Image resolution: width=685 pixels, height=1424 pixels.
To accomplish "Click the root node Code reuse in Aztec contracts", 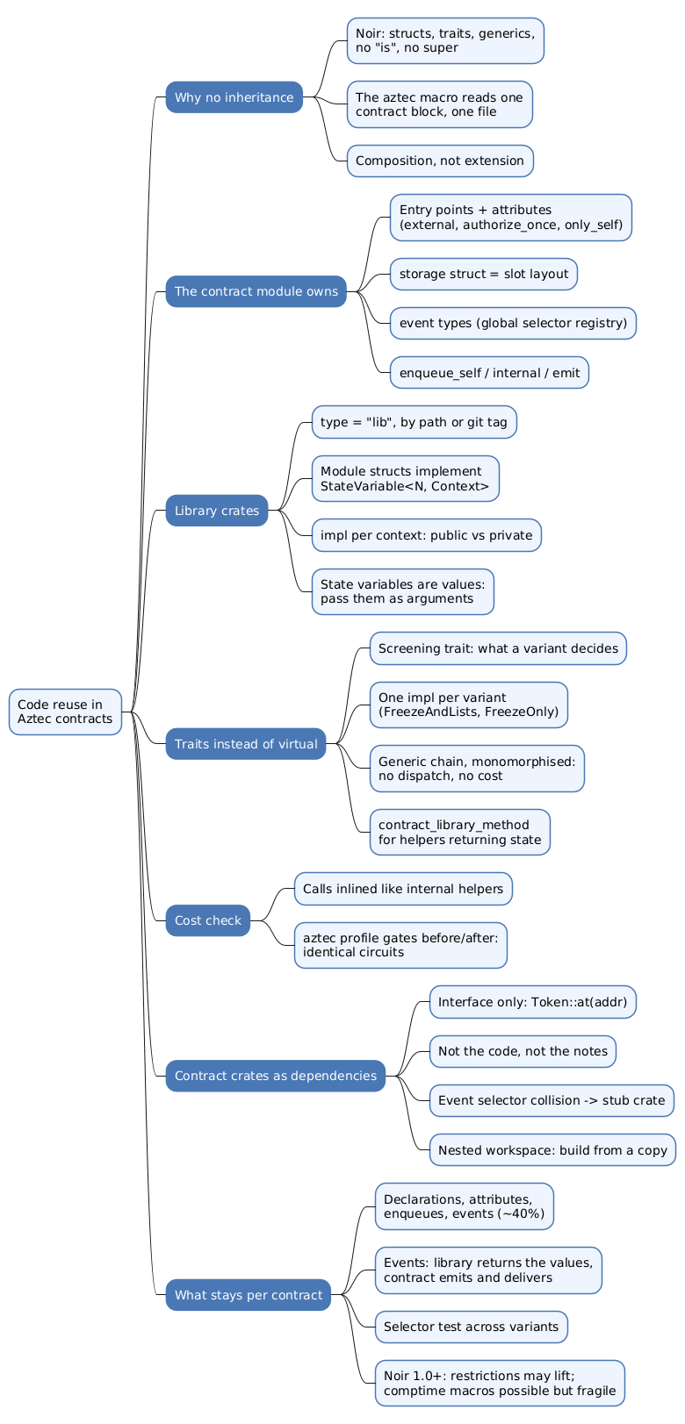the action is click(65, 712).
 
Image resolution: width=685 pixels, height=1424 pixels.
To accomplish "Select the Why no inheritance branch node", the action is click(234, 97).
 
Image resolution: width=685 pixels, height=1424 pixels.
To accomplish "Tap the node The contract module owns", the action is click(256, 291).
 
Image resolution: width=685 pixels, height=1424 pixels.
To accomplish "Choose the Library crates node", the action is click(217, 511).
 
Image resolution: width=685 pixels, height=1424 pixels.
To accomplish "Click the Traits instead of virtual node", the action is click(246, 744).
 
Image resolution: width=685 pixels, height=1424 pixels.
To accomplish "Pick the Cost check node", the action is click(208, 920).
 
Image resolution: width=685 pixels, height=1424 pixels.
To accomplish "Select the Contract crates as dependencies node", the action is click(276, 1076).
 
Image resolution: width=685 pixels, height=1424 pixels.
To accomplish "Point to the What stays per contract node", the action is click(249, 1295).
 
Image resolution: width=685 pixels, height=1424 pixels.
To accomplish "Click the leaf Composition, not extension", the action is click(440, 161).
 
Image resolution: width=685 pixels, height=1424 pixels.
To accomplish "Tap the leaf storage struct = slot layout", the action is click(484, 274).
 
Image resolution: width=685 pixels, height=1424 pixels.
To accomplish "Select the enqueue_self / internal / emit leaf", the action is click(490, 373).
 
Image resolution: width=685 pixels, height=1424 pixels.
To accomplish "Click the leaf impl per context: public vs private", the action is click(427, 535).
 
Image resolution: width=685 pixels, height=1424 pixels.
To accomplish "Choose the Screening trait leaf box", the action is click(499, 648).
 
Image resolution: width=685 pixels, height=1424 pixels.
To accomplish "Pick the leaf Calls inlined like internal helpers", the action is click(403, 889).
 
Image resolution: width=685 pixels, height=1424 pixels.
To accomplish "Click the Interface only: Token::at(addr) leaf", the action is click(533, 1002).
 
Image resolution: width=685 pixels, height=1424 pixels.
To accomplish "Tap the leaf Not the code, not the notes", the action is click(523, 1051).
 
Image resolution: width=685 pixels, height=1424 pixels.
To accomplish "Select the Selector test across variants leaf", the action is click(472, 1327).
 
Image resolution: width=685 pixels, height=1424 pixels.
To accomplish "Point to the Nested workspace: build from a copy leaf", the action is click(552, 1150).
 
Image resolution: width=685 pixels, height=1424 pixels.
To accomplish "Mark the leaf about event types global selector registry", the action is click(513, 323).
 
